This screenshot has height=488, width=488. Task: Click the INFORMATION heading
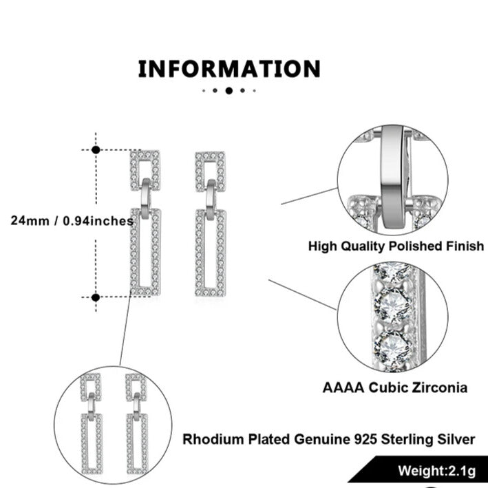[x=229, y=70]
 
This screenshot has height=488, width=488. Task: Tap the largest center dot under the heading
[x=229, y=90]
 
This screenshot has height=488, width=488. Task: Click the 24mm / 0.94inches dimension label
[x=72, y=221]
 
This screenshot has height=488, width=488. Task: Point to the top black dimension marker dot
[x=96, y=149]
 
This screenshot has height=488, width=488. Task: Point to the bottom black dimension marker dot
[x=96, y=297]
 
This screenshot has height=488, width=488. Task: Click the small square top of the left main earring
[x=145, y=170]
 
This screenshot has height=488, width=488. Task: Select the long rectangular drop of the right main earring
[x=210, y=253]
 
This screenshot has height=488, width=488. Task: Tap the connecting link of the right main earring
[x=210, y=196]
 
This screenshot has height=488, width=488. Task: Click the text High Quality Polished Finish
[x=396, y=246]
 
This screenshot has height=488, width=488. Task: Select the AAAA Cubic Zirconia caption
[x=395, y=388]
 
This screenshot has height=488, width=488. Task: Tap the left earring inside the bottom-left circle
[x=91, y=424]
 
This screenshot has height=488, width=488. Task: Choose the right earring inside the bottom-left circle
[x=136, y=424]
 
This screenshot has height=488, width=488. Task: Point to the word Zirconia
[x=437, y=388]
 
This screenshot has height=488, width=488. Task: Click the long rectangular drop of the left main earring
[x=145, y=251]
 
